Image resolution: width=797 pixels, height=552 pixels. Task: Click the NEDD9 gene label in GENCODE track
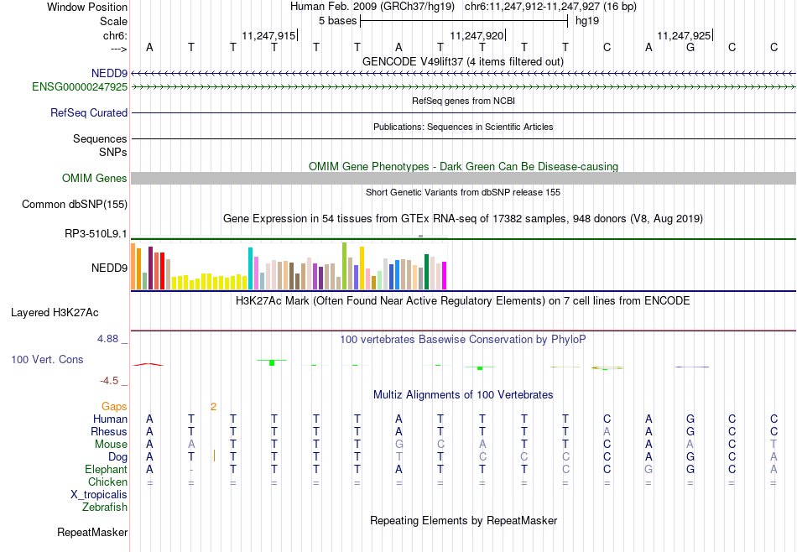coord(109,74)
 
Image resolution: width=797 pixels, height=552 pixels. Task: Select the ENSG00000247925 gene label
coord(80,87)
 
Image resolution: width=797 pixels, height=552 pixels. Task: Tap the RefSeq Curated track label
coord(89,113)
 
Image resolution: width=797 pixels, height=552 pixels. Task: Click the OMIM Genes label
coord(95,179)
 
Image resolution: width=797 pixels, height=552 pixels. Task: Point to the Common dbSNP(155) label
coord(75,205)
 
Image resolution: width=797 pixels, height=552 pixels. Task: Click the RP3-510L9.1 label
coord(96,234)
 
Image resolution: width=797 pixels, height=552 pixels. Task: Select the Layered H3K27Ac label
coord(55,313)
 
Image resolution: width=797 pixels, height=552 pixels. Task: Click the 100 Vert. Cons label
coord(47,359)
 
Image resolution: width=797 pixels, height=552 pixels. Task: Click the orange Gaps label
coord(114,406)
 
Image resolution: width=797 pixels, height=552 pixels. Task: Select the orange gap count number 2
coord(213,407)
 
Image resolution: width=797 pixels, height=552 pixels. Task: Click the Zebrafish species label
coord(105,507)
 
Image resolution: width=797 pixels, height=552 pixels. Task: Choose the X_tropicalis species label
coord(99,495)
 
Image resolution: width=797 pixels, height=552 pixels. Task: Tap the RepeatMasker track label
coord(92,532)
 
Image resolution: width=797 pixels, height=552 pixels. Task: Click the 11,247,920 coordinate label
coord(477,35)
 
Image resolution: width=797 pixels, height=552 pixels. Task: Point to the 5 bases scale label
coord(338,21)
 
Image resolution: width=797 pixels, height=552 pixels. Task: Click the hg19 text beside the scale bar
coord(587,21)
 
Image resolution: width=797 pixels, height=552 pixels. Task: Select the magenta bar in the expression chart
coord(445,275)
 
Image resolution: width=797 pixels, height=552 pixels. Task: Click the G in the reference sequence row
coord(690,47)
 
